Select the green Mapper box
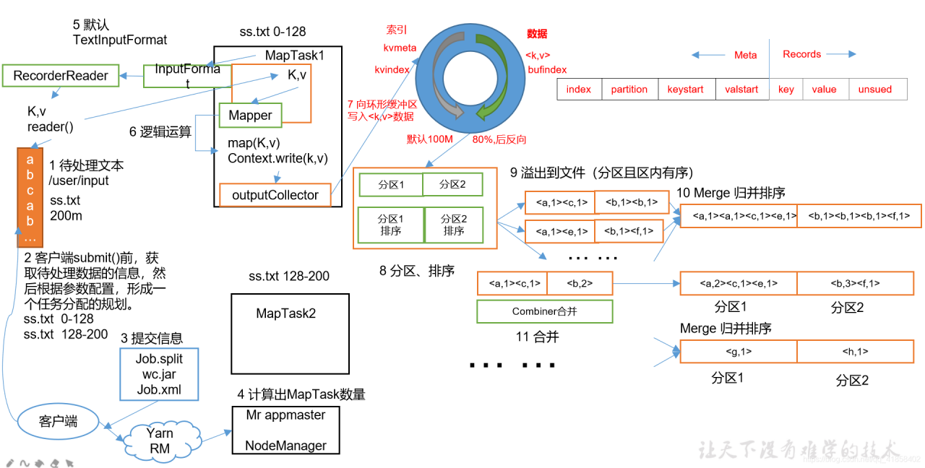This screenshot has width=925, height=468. click(x=250, y=115)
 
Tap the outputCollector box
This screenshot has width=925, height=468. click(x=275, y=195)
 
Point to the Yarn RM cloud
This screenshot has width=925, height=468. click(x=159, y=441)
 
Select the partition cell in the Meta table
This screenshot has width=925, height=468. click(x=629, y=90)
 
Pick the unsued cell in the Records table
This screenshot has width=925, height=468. click(x=874, y=90)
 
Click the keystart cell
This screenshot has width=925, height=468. click(x=686, y=90)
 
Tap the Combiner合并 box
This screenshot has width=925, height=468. click(x=544, y=311)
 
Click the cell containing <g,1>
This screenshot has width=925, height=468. click(x=739, y=352)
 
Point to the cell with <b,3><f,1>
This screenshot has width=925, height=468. click(x=859, y=284)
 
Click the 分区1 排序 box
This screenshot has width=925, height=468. click(x=390, y=225)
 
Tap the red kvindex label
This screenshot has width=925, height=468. click(x=392, y=69)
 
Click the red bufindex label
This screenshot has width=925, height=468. click(x=547, y=69)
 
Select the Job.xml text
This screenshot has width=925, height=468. click(x=159, y=390)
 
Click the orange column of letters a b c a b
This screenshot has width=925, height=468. click(x=30, y=187)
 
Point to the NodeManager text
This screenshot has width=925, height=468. click(x=285, y=446)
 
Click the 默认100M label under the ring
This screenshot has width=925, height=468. click(x=429, y=139)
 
